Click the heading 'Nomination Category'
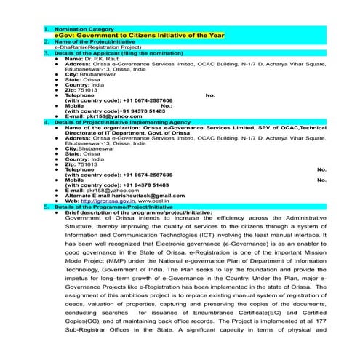79,29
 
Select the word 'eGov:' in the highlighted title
66,35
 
